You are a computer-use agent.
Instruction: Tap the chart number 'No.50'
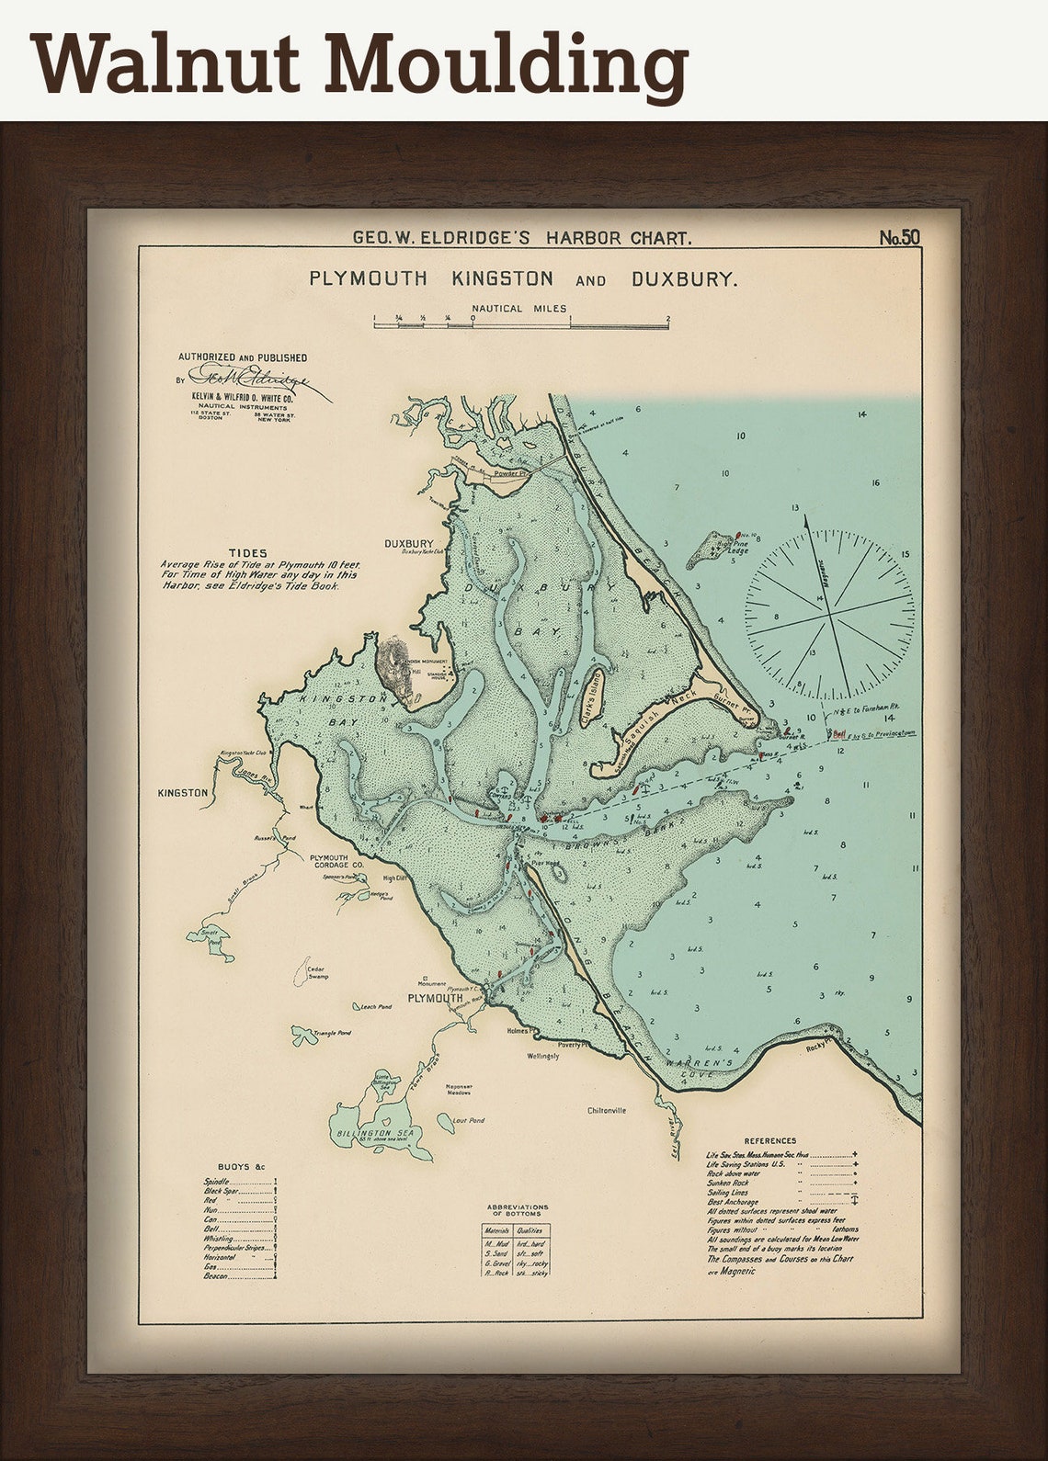(x=898, y=238)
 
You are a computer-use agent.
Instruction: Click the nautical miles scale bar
(x=520, y=323)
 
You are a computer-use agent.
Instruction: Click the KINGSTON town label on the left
(x=184, y=791)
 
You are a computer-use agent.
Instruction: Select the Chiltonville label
(x=607, y=1110)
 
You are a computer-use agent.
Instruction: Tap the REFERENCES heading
(x=770, y=1140)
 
